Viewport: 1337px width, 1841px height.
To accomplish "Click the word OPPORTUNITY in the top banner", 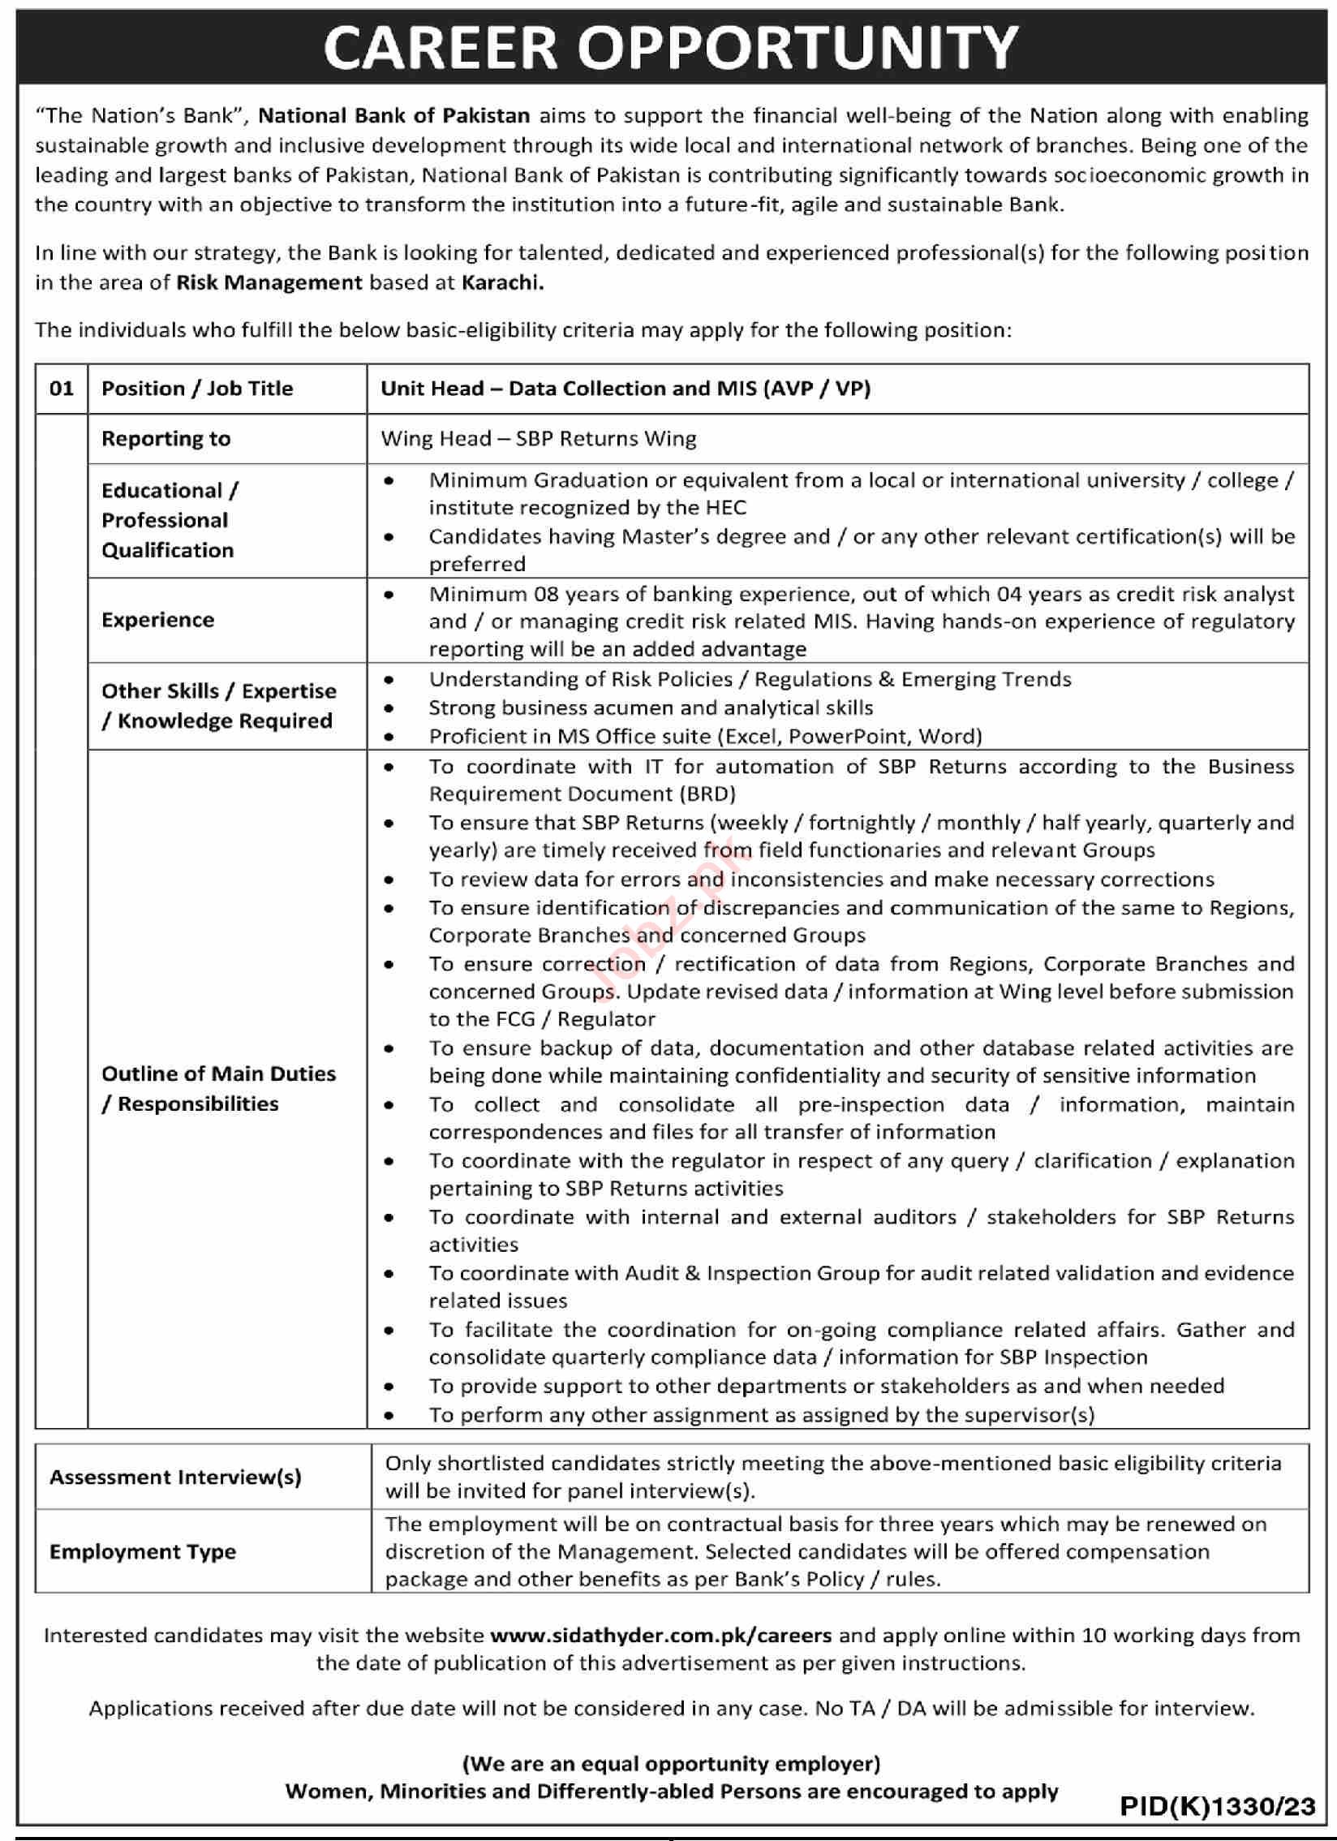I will click(x=797, y=47).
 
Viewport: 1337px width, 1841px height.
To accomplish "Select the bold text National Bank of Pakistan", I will click(x=393, y=116).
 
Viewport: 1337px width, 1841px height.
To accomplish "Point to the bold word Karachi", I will click(x=502, y=282).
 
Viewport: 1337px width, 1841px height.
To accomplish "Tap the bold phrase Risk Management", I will click(x=269, y=282).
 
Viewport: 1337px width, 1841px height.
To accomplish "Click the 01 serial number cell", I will click(x=62, y=388).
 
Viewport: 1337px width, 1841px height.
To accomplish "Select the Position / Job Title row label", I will click(x=197, y=388).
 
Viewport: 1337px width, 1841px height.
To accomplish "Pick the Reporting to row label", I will click(x=166, y=438).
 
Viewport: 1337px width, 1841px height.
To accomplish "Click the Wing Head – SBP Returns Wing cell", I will click(x=538, y=438).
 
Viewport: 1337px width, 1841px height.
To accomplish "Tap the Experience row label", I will click(x=157, y=619).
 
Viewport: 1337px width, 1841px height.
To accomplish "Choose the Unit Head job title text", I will click(x=625, y=388).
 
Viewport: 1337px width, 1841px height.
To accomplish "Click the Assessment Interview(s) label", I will click(x=175, y=1477).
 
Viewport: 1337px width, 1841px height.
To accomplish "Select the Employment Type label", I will click(x=143, y=1551).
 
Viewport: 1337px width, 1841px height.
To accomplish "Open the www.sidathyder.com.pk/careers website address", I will click(x=660, y=1635).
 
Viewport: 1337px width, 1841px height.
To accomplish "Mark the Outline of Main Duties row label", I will click(x=217, y=1088).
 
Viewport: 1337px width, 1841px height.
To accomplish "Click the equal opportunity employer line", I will click(x=671, y=1763).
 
